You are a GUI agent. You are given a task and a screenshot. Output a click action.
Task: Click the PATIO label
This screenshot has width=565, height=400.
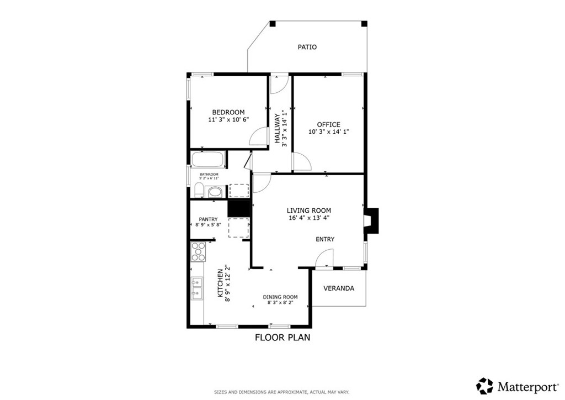pyautogui.click(x=307, y=48)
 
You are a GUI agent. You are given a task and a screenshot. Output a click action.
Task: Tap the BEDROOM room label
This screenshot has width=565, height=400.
pyautogui.click(x=228, y=112)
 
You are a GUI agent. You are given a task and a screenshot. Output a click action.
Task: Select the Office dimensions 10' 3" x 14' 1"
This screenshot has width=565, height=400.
pyautogui.click(x=328, y=132)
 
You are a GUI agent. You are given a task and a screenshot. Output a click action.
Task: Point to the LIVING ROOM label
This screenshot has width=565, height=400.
pyautogui.click(x=308, y=210)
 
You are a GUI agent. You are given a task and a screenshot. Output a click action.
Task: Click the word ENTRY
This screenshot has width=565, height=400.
pyautogui.click(x=325, y=239)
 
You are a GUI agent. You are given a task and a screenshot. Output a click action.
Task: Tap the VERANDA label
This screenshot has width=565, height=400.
pyautogui.click(x=338, y=288)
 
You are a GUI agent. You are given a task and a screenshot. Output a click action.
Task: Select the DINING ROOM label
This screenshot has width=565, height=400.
pyautogui.click(x=280, y=297)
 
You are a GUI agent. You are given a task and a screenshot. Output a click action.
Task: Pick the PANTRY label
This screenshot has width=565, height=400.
pyautogui.click(x=208, y=219)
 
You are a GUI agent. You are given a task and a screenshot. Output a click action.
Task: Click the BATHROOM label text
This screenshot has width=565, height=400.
pyautogui.click(x=209, y=175)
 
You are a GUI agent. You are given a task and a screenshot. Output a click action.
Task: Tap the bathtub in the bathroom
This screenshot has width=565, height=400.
pyautogui.click(x=207, y=160)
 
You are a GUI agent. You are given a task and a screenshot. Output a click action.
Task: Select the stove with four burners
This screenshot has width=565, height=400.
pyautogui.click(x=198, y=251)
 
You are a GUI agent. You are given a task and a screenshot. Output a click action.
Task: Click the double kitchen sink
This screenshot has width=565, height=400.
pyautogui.click(x=196, y=289)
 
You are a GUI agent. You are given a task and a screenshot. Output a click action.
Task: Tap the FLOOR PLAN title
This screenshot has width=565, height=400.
pyautogui.click(x=282, y=337)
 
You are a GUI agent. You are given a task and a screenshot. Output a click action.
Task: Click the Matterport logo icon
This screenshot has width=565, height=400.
pyautogui.click(x=485, y=386)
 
